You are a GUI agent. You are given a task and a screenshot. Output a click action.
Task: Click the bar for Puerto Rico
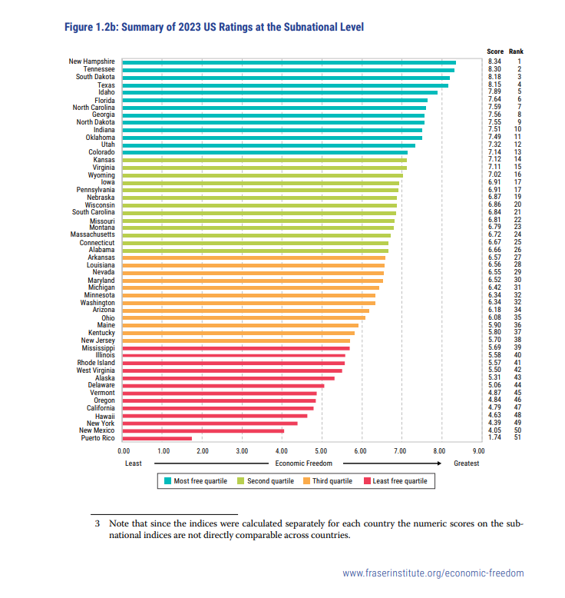tap(157, 438)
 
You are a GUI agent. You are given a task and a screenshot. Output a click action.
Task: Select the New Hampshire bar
tap(289, 61)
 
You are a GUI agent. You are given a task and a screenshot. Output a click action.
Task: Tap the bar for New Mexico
tap(203, 430)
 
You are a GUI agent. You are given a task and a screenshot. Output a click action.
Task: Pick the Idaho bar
tap(280, 92)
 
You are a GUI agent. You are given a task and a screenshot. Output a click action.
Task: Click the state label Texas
tap(106, 85)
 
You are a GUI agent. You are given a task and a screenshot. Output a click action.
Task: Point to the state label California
tap(101, 407)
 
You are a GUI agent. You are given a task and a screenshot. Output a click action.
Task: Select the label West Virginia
tap(96, 370)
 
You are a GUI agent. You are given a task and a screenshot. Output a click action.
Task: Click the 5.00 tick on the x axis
tap(321, 451)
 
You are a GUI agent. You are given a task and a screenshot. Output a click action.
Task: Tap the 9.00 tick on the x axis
tap(478, 451)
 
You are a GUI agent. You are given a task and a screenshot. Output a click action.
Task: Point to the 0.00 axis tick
tap(124, 451)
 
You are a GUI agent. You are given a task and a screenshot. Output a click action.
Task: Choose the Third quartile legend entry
tap(327, 481)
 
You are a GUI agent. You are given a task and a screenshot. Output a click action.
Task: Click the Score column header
tap(495, 51)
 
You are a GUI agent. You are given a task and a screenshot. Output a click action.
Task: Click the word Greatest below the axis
tap(466, 463)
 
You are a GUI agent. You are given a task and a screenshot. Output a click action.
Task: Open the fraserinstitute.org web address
tap(433, 573)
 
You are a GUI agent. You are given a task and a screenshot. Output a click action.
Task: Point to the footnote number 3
tap(97, 523)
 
